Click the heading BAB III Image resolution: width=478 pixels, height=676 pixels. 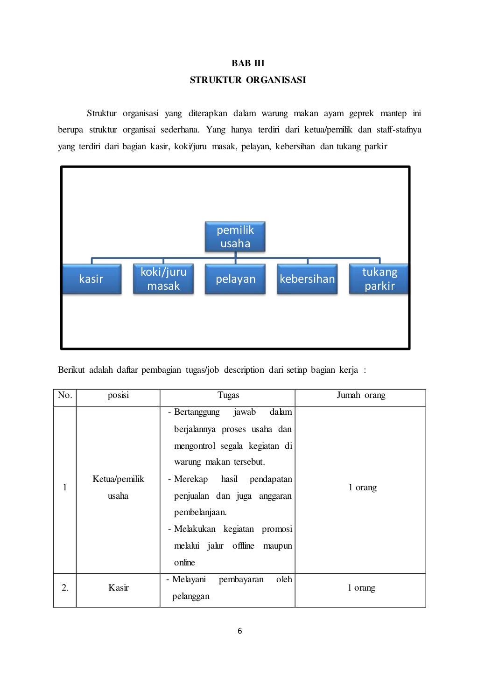(x=248, y=63)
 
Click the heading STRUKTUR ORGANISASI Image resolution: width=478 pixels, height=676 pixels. (x=248, y=80)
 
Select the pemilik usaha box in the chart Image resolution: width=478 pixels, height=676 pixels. (x=235, y=237)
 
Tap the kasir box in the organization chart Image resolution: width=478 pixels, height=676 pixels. (x=91, y=279)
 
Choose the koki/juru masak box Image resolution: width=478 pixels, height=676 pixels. (x=163, y=279)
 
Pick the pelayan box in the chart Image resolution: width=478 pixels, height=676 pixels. (x=235, y=279)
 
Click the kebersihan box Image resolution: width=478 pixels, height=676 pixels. (x=307, y=279)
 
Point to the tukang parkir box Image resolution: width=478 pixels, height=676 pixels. (x=379, y=279)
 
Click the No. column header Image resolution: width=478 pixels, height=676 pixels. (x=65, y=396)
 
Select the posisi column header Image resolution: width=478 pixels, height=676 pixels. (x=118, y=396)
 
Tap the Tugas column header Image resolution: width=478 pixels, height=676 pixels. (x=228, y=396)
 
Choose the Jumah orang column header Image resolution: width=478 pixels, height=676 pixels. (x=361, y=396)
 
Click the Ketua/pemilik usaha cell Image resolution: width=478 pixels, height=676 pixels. (x=118, y=488)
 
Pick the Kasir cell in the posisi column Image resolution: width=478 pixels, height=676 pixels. (x=118, y=588)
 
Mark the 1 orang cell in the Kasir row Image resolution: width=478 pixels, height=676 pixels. (x=361, y=588)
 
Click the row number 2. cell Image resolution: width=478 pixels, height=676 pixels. (x=65, y=588)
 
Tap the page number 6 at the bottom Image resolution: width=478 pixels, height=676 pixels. (x=240, y=631)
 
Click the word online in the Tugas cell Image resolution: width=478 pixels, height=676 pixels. (x=184, y=563)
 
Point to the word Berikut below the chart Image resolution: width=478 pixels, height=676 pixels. (x=71, y=370)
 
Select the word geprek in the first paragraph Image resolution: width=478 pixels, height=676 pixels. (x=361, y=113)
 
